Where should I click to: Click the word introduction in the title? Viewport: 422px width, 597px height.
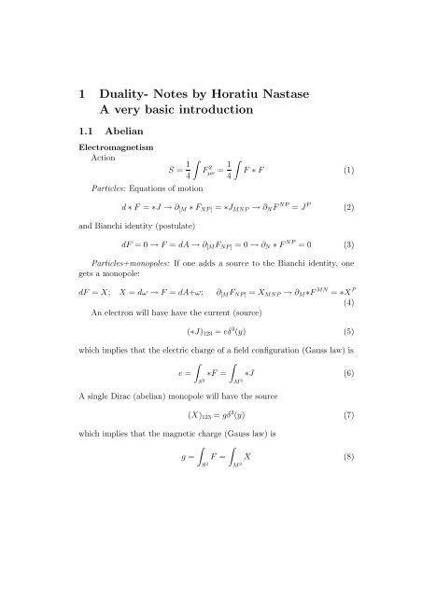click(x=266, y=114)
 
